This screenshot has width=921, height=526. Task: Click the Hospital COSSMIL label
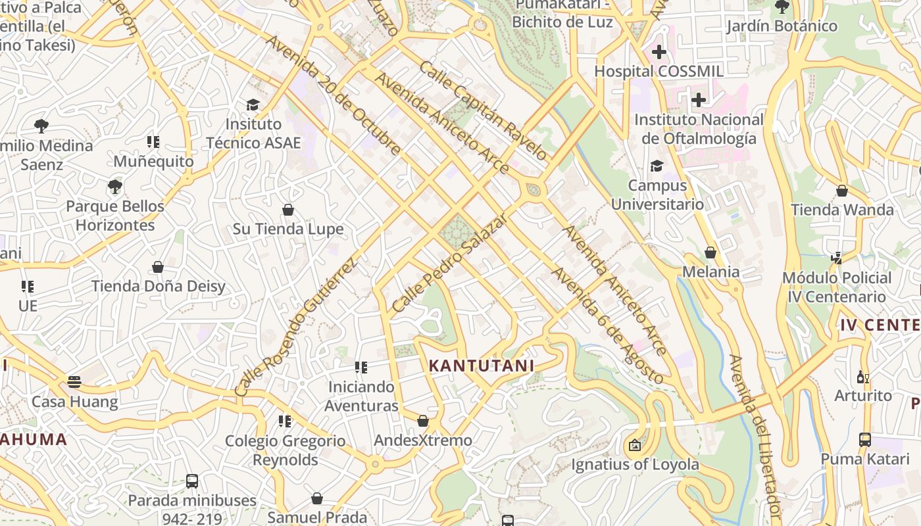tap(659, 71)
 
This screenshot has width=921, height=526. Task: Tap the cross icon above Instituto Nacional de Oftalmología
tap(699, 100)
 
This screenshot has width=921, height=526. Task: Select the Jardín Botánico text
tap(782, 26)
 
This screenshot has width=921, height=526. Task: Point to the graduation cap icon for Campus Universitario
tap(657, 166)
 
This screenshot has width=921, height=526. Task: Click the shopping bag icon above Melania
tap(710, 252)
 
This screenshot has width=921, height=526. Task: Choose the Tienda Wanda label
tap(842, 210)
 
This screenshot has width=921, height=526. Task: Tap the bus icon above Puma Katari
tap(865, 439)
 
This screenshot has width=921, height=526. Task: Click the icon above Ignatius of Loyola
tap(635, 445)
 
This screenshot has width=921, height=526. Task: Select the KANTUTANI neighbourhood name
tap(482, 366)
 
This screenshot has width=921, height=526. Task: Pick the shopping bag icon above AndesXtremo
tap(423, 421)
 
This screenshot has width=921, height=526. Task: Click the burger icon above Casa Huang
tap(74, 382)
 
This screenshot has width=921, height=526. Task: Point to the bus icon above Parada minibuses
tap(191, 481)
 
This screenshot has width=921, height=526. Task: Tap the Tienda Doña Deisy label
tap(158, 286)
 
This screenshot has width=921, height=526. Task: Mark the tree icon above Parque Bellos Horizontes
tap(115, 187)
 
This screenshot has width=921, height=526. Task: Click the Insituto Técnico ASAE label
tap(253, 133)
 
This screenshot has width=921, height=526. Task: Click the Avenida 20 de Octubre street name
tap(332, 95)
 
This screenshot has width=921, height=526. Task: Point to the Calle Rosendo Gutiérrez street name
tap(295, 327)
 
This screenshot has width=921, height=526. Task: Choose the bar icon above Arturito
tap(863, 377)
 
